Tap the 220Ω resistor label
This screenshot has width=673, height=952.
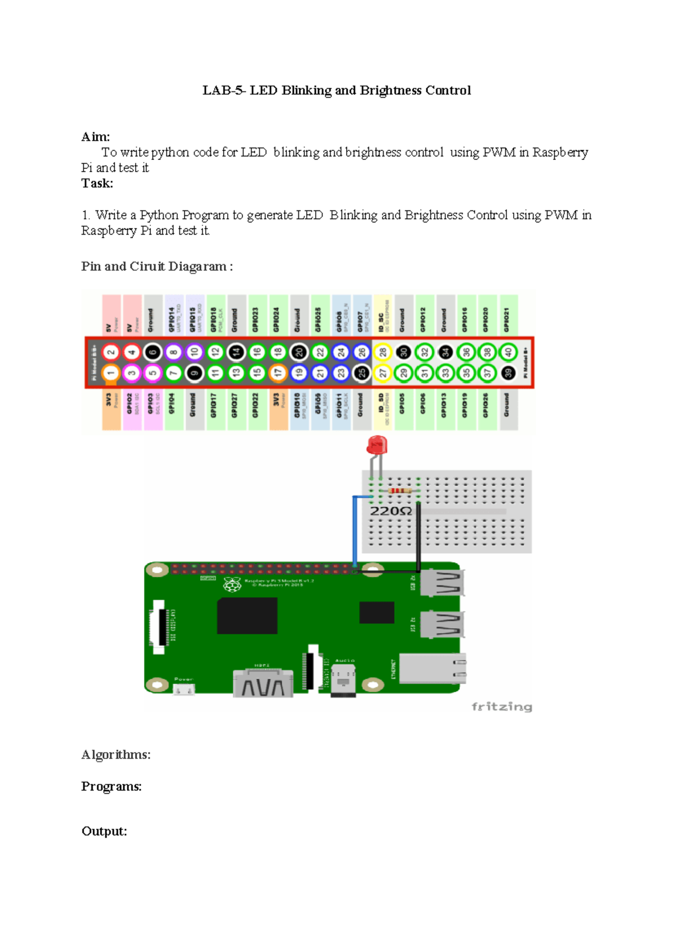pos(391,511)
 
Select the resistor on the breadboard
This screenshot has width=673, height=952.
pos(400,491)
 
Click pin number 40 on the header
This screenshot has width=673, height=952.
pos(508,352)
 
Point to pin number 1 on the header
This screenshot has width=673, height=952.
pos(111,372)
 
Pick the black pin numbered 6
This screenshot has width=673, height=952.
pos(153,352)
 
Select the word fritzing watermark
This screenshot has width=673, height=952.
pos(501,706)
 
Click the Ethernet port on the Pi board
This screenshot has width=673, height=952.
pos(432,668)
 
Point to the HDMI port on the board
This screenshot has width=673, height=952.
pos(263,683)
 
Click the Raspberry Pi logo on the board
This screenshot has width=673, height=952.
pos(232,585)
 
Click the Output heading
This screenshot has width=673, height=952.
pos(104,831)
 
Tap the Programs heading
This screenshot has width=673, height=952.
pos(112,787)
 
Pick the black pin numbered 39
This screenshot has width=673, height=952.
pos(508,372)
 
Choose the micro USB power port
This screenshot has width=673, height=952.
pos(184,689)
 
